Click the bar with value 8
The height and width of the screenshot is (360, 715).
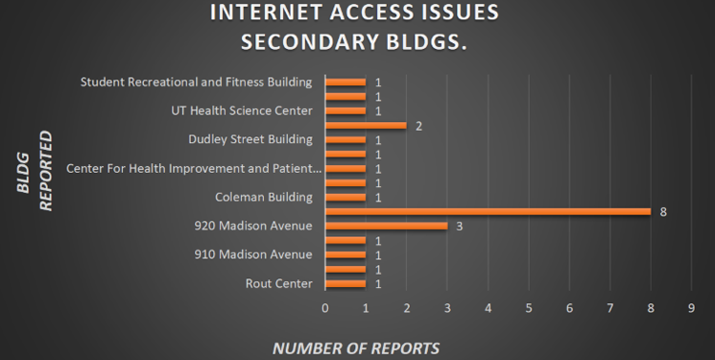click(489, 211)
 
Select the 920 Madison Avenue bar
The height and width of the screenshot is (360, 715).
click(387, 226)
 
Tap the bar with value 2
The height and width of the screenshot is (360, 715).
click(366, 125)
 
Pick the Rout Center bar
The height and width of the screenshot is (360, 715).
click(346, 283)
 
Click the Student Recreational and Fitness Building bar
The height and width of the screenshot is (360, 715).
click(346, 82)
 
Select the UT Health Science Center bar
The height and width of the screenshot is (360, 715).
click(346, 110)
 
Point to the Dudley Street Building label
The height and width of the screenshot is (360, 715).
click(250, 139)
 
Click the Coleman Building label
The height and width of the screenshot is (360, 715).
click(264, 197)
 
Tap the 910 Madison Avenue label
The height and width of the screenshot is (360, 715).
click(252, 254)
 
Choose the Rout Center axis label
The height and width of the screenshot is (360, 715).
click(279, 283)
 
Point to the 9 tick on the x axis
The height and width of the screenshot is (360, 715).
click(691, 307)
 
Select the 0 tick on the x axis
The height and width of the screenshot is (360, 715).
click(325, 307)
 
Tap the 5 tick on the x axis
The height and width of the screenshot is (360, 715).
click(529, 307)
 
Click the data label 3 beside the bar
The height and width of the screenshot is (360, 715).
click(459, 226)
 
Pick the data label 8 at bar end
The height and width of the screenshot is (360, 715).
click(663, 211)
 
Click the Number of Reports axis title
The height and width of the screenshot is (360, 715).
click(356, 348)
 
